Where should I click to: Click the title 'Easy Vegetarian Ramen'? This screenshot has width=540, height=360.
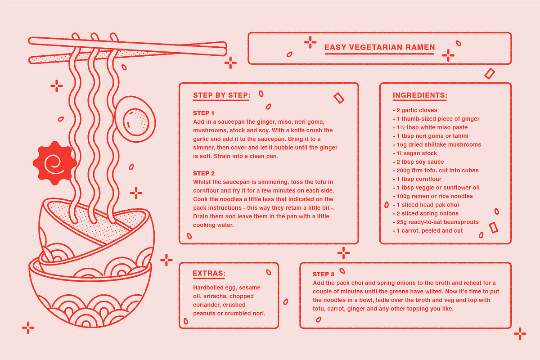379,47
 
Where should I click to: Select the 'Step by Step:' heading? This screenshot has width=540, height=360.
222,95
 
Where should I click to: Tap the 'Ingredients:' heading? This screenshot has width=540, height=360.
420,95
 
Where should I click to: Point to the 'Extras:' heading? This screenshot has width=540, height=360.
209,273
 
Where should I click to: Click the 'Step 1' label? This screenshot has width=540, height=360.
203,113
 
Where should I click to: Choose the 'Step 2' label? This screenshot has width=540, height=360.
204,173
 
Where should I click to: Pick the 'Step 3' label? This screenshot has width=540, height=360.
324,274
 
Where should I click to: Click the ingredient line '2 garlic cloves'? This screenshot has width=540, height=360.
415,110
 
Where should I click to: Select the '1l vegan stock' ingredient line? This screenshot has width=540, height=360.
415,153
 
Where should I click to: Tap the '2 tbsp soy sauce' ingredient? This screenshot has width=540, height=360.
418,162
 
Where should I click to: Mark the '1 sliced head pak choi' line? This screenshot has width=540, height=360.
426,205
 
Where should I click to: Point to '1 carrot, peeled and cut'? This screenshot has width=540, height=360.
427,230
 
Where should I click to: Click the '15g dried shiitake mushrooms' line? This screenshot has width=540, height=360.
437,144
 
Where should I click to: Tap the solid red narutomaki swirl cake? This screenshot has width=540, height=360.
55,163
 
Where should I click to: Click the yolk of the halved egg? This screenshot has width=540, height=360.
136,122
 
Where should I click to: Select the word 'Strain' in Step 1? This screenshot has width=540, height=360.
222,156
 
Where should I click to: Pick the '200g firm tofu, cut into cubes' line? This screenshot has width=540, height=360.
436,170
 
